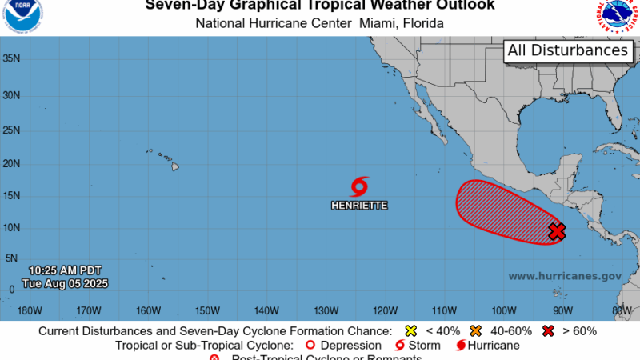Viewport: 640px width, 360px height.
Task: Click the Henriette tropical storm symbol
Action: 359,186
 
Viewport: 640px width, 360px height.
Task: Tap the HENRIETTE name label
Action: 359,206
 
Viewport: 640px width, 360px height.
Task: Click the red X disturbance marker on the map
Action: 558,231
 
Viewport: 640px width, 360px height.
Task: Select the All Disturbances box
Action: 567,50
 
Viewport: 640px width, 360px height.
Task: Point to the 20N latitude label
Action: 11,163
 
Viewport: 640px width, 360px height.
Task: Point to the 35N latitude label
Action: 11,58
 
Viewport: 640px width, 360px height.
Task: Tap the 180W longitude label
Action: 29,310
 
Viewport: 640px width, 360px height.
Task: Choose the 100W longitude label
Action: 503,310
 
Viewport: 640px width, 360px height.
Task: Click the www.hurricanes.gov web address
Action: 565,276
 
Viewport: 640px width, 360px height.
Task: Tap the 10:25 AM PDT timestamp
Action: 66,270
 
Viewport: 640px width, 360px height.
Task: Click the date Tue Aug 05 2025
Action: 66,283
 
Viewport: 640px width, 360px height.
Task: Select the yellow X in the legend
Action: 411,330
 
